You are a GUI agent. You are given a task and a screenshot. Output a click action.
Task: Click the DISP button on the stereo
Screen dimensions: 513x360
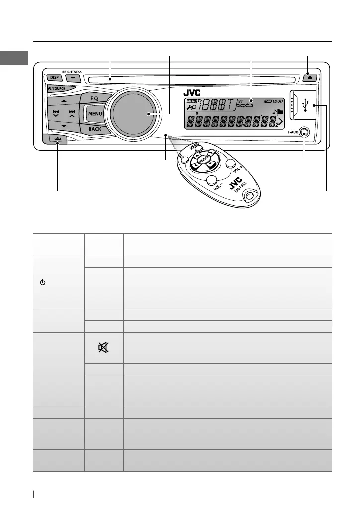tap(53, 78)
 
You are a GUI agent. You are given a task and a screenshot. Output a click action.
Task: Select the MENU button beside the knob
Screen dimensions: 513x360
tap(95, 114)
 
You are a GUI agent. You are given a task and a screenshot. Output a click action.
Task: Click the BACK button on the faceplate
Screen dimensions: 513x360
tap(94, 129)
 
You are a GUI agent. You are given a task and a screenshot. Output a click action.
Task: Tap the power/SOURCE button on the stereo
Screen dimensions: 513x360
tap(59, 88)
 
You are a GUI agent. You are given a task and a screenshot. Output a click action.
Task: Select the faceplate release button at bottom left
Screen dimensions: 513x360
tap(58, 140)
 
